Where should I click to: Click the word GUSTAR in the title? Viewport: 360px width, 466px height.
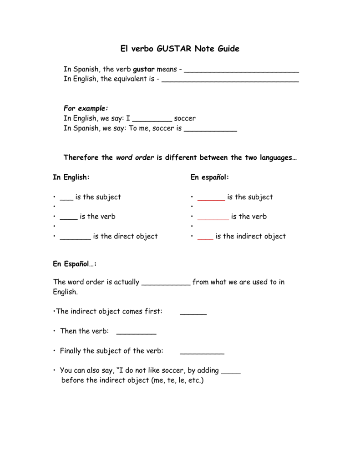(x=175, y=48)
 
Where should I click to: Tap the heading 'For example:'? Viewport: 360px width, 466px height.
(x=86, y=108)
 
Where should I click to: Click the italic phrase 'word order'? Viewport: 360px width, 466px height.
(x=135, y=157)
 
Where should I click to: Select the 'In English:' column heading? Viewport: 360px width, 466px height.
(x=71, y=177)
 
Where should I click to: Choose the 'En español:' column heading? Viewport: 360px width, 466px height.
(x=209, y=177)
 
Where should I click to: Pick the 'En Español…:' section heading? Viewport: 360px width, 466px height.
(x=75, y=263)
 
